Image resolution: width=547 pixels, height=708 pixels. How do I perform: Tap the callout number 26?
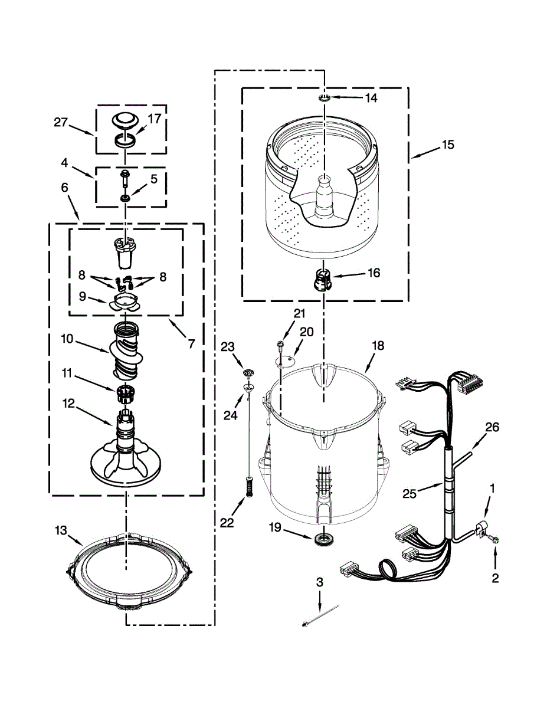492,428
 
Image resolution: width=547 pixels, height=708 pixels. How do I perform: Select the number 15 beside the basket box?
448,144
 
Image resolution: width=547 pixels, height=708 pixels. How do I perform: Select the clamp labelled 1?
482,527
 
